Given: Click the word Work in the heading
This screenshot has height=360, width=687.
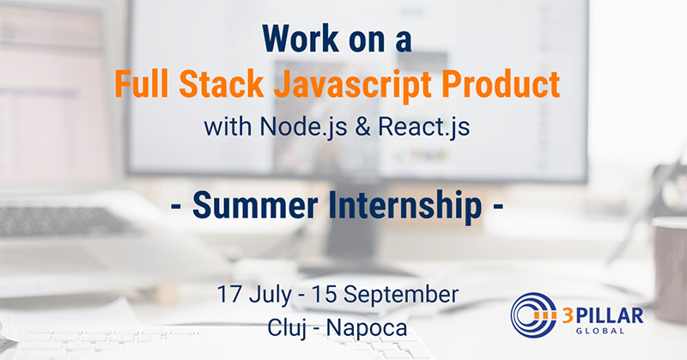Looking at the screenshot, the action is click(301, 39).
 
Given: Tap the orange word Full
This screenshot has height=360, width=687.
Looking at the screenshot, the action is click(142, 83).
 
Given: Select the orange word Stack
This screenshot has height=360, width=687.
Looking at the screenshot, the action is click(222, 83).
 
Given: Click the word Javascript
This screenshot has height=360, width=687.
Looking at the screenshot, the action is click(353, 87).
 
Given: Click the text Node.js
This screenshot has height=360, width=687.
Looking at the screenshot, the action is click(303, 127).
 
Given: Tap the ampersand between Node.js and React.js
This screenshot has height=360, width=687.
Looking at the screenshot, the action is click(362, 127).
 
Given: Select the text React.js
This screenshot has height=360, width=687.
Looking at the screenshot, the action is click(423, 127).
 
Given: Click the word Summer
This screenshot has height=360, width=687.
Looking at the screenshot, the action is click(255, 205).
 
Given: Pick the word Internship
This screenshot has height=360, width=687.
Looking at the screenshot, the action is click(405, 207).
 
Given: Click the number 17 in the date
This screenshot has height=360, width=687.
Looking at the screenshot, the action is click(228, 295).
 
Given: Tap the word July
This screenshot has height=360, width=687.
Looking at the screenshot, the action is click(270, 296).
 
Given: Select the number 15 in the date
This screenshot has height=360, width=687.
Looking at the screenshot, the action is click(324, 295).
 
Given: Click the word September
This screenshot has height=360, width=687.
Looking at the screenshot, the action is click(401, 296).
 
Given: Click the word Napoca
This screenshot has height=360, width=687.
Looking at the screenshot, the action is click(367, 329).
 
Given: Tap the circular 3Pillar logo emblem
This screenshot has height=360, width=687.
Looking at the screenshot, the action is click(533, 315).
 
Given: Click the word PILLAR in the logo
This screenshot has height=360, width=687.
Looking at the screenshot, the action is click(609, 315).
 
